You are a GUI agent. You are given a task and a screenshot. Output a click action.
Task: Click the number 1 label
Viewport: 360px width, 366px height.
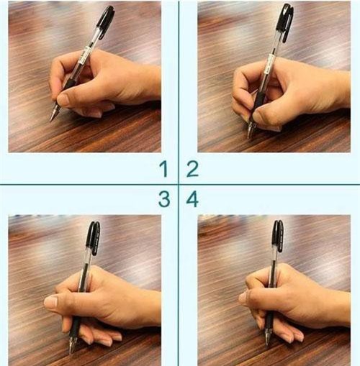164,170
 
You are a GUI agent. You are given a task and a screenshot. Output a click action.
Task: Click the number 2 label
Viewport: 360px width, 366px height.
192,170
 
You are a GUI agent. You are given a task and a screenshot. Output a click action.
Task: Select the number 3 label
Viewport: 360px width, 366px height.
164,199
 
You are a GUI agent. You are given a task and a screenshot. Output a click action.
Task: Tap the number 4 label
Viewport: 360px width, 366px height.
192,199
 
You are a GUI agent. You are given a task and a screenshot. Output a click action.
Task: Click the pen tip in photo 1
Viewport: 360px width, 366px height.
52,118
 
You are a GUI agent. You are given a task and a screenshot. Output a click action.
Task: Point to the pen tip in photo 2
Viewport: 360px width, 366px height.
249,136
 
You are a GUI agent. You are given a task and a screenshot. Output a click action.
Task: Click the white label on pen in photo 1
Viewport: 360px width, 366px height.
87,53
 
